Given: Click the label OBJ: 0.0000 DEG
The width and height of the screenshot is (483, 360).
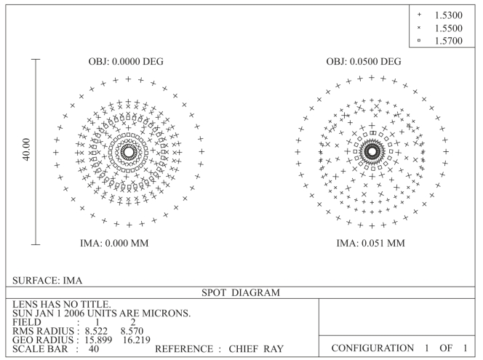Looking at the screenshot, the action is (126, 61).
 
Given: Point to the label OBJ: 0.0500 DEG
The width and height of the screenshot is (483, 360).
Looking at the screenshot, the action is (364, 61).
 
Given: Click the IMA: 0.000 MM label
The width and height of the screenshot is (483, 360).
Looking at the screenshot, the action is (114, 243).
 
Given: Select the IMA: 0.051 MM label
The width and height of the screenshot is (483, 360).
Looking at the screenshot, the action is (370, 243).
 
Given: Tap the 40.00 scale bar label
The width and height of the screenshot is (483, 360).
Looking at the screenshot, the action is (27, 150).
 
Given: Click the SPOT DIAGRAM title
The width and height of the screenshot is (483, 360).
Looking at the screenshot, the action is (241, 292).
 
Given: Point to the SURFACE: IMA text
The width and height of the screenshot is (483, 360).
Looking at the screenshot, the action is (47, 281).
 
